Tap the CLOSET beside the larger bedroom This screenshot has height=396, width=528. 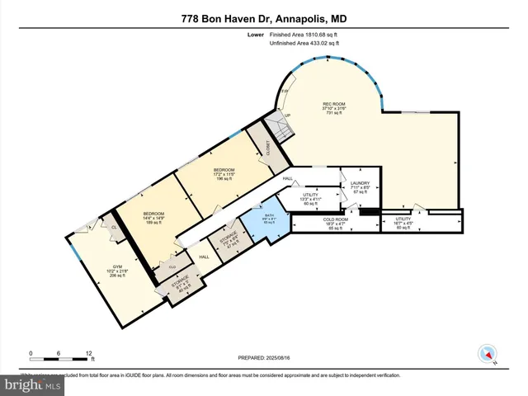coord(267,148)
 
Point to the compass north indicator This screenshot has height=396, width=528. coord(487,354)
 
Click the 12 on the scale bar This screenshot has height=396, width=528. coord(88,352)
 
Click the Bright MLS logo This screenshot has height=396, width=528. coord(34,384)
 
